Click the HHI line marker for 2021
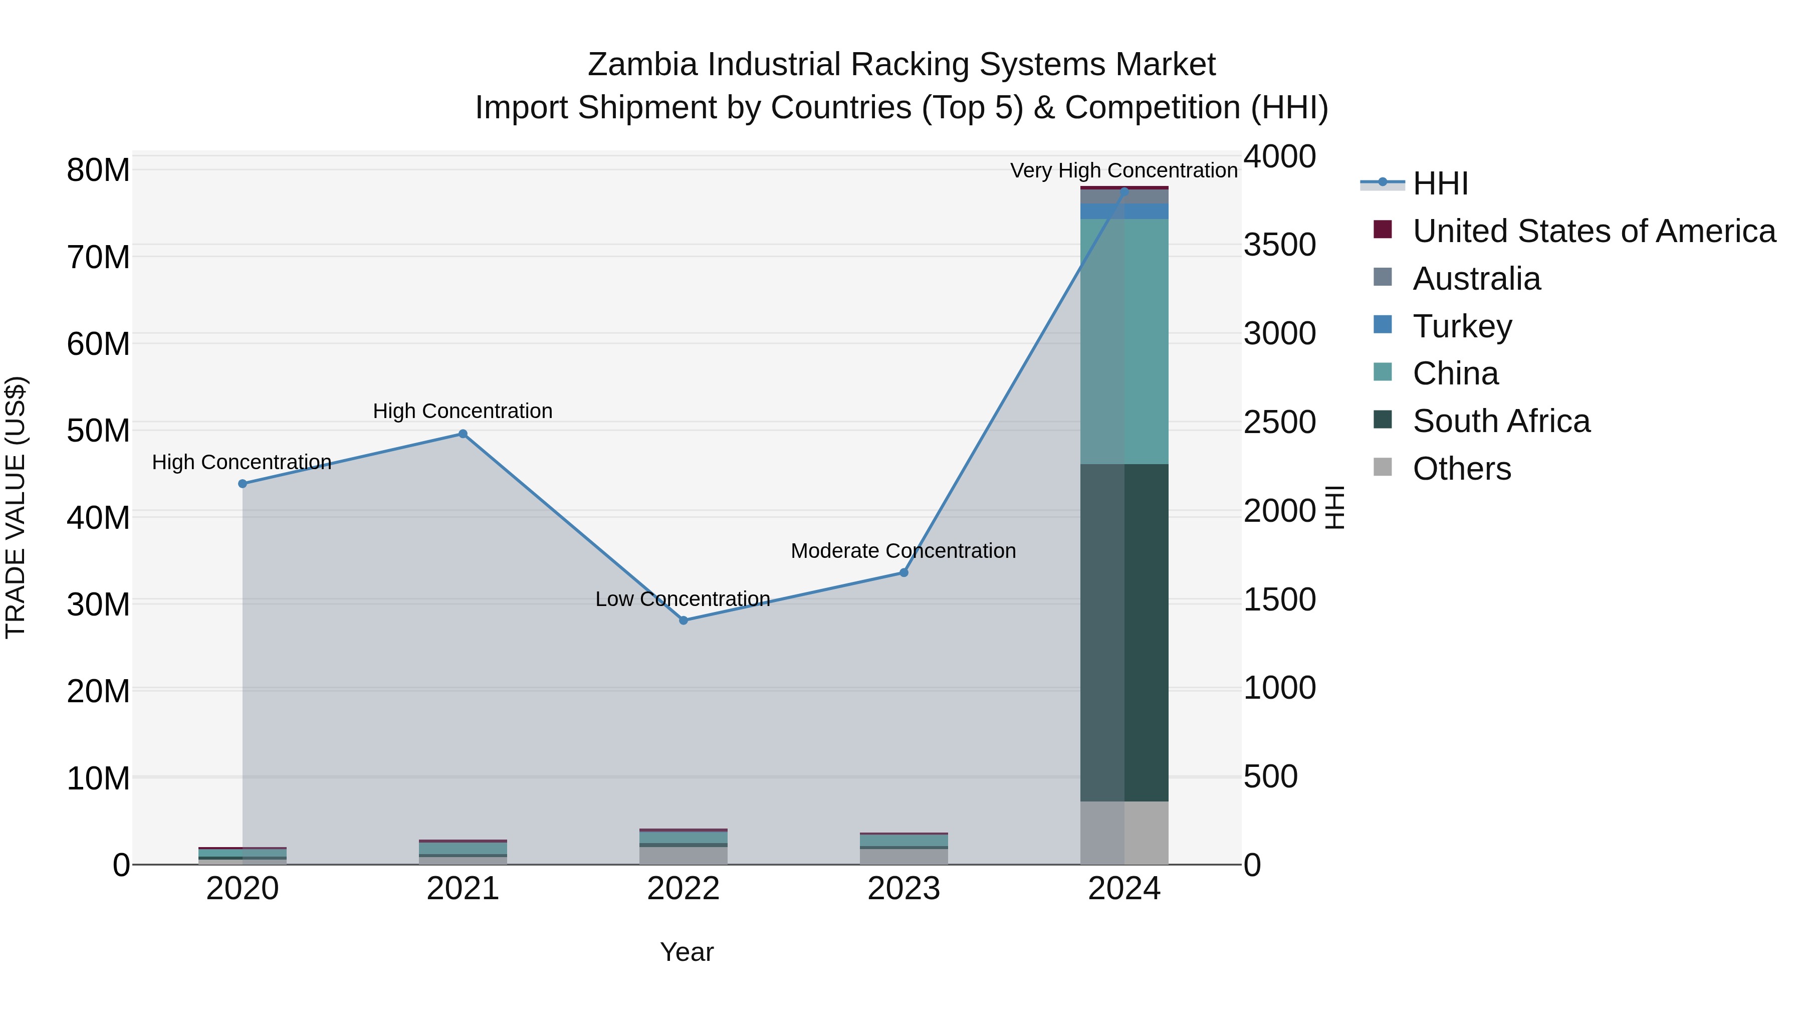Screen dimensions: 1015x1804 (x=463, y=434)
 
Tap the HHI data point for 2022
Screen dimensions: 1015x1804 (x=684, y=620)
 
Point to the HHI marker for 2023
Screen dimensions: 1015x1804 (x=904, y=572)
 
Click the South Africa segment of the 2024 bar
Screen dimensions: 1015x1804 (x=1124, y=632)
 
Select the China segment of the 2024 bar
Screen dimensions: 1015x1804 (x=1124, y=341)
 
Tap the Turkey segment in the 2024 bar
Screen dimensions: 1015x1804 (x=1124, y=211)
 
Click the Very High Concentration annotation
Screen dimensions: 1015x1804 (x=1123, y=170)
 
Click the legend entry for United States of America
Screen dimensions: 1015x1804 (x=1593, y=231)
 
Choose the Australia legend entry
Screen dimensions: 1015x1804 (x=1476, y=279)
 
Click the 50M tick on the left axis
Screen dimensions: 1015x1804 (x=98, y=430)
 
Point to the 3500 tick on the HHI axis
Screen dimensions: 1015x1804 (x=1279, y=245)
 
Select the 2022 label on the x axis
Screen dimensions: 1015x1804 (x=683, y=889)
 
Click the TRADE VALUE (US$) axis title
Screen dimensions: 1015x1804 (x=16, y=507)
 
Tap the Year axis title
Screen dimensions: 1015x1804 (x=687, y=952)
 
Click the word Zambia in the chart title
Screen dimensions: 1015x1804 (x=642, y=65)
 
